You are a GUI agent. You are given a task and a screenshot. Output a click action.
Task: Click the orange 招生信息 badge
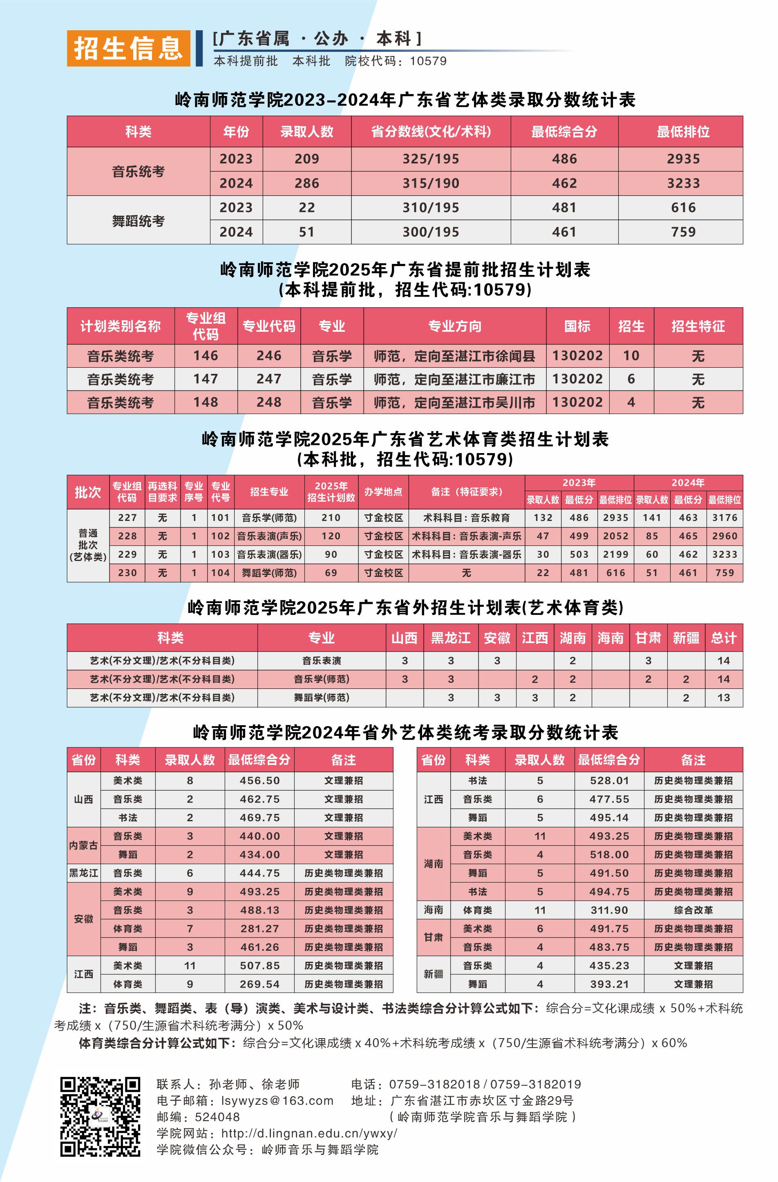(x=128, y=48)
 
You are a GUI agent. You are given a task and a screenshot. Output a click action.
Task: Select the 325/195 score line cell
(x=430, y=159)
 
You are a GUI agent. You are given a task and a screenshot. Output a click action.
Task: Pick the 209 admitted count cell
(x=306, y=159)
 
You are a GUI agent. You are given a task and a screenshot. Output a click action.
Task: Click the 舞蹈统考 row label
(x=138, y=220)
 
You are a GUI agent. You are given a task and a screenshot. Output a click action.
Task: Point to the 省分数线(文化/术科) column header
(x=430, y=132)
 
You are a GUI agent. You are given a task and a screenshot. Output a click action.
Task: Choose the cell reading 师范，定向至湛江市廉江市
(x=454, y=380)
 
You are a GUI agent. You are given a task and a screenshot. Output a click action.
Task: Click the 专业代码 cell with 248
(x=269, y=402)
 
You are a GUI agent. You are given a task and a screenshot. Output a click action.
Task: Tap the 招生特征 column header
(x=698, y=326)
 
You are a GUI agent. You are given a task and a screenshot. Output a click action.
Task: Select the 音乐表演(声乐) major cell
(x=269, y=536)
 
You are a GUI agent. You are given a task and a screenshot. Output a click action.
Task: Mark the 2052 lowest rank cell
(x=615, y=536)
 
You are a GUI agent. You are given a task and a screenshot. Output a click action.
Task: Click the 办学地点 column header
(x=383, y=492)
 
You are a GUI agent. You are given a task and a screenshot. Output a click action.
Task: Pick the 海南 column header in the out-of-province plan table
(x=610, y=638)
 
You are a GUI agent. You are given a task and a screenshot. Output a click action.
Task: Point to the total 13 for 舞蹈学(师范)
(x=723, y=697)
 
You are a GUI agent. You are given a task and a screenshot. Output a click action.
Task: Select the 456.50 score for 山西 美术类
(x=259, y=781)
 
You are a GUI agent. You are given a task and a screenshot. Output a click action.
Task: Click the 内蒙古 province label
(x=83, y=845)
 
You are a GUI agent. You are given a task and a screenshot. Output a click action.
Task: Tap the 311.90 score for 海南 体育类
(x=609, y=910)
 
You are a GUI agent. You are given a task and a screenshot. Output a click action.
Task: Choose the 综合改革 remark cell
(x=693, y=910)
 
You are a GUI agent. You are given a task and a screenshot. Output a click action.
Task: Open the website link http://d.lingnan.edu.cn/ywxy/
(x=309, y=1133)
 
